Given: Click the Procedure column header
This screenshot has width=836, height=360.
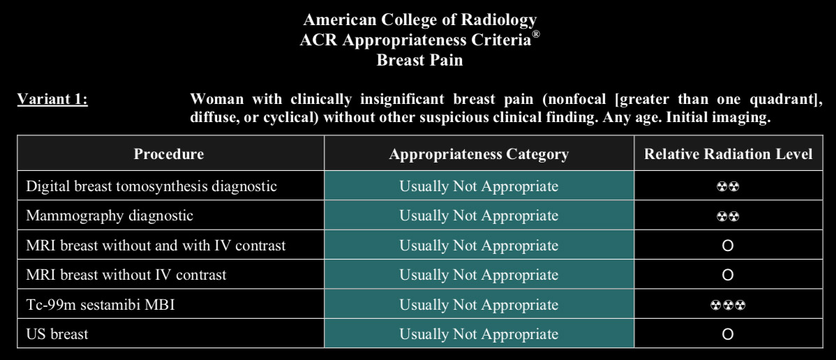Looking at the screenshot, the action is [168, 154].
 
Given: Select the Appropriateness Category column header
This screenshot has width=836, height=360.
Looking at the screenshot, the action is [479, 154].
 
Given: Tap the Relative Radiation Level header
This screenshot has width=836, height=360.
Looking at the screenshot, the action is [729, 154].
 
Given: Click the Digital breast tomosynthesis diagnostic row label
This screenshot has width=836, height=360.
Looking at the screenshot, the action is [151, 186].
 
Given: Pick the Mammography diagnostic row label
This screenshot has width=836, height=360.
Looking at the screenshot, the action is [110, 216].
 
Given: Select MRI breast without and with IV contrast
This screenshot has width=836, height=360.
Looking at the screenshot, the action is [156, 246].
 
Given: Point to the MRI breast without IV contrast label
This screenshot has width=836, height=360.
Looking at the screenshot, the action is [126, 275].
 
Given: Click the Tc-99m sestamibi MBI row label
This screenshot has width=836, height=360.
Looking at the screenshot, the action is [100, 304].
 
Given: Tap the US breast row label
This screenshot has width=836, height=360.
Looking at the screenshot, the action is [57, 334].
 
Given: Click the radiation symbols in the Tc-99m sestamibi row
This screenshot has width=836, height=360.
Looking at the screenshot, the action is [728, 305].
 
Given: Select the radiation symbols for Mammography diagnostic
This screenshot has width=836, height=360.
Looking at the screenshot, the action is [728, 216].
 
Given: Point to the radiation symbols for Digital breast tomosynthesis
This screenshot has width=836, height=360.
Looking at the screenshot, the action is [728, 187].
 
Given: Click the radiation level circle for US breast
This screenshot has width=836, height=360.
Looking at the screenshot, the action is [727, 334].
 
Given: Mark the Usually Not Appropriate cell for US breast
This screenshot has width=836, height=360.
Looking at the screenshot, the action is [479, 334].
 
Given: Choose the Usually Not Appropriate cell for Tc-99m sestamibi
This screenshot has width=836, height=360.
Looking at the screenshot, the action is [479, 304].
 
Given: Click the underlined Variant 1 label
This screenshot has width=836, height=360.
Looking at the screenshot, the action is [52, 99].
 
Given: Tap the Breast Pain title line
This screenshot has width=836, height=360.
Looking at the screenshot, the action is [419, 60].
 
